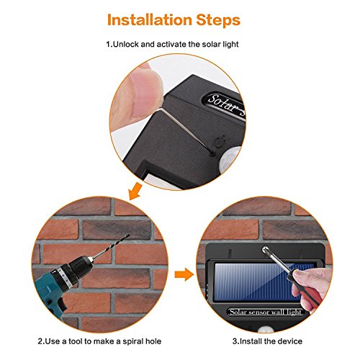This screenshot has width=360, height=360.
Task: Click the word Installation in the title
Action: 149,20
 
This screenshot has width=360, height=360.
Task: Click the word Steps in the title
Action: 218,20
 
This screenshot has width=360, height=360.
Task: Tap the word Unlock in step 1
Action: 125,44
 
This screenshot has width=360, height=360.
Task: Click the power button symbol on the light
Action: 220,142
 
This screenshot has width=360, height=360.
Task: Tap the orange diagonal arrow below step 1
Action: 135,191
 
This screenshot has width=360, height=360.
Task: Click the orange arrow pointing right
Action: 184,274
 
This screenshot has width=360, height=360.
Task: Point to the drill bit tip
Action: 129,235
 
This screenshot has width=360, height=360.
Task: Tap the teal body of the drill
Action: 49,289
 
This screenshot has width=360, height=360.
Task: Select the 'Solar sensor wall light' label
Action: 266,312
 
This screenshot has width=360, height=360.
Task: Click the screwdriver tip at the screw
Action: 266,250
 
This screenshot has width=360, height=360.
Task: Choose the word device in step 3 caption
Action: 290,341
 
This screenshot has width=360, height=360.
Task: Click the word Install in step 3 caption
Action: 250,341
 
